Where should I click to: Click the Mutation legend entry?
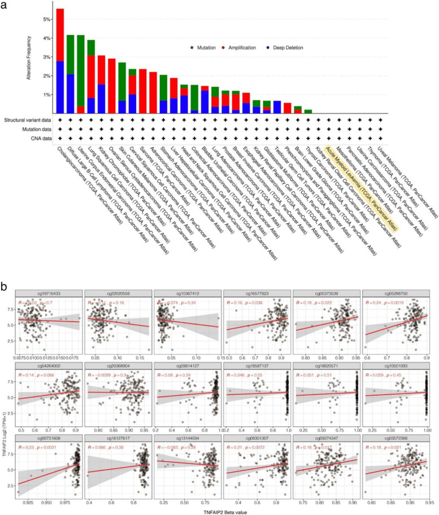click(x=209, y=49)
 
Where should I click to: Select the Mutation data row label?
click(x=35, y=129)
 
